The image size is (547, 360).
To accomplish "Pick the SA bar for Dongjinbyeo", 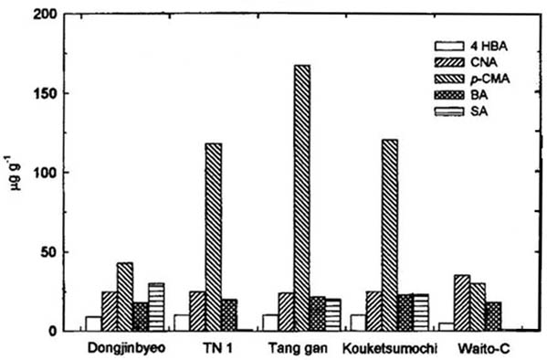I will click(157, 307).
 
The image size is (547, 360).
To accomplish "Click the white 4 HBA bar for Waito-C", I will click(445, 326).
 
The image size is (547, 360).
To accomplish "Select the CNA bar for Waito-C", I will click(462, 302).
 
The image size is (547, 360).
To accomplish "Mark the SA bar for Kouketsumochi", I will click(421, 312).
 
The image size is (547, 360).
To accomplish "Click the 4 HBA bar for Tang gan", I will click(269, 322).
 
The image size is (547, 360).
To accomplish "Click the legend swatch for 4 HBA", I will click(447, 46).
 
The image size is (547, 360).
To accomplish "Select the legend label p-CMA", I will click(489, 79).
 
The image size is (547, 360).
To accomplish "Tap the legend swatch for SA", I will click(447, 111).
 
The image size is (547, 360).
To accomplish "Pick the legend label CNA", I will click(483, 62).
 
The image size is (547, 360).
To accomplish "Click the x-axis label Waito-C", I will click(478, 348).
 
